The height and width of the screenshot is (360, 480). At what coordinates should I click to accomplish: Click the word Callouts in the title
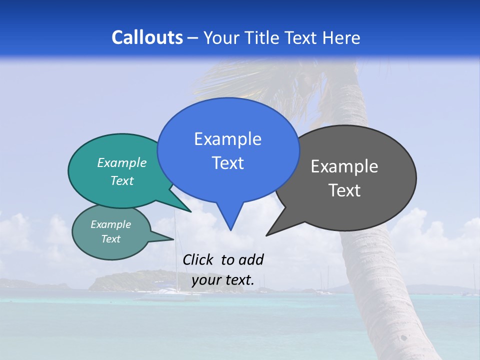[x=147, y=37]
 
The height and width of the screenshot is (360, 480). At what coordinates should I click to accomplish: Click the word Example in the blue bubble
[x=227, y=139]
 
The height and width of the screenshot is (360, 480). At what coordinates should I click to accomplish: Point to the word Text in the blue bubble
[x=227, y=163]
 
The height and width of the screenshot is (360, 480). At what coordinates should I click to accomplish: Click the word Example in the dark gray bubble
[x=344, y=166]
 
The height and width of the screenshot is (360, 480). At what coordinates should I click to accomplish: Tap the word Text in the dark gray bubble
[x=344, y=190]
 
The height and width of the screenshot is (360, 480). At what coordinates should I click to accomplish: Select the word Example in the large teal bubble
[x=122, y=162]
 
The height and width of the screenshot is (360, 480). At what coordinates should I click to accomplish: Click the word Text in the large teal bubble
[x=122, y=180]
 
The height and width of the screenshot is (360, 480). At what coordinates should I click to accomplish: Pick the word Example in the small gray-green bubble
[x=111, y=224]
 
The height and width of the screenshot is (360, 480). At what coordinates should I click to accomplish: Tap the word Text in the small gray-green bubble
[x=111, y=239]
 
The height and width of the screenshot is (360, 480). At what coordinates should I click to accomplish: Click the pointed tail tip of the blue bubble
[x=230, y=229]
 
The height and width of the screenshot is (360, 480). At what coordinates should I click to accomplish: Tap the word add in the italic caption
[x=250, y=260]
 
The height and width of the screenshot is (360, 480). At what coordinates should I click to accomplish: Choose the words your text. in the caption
[x=223, y=280]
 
